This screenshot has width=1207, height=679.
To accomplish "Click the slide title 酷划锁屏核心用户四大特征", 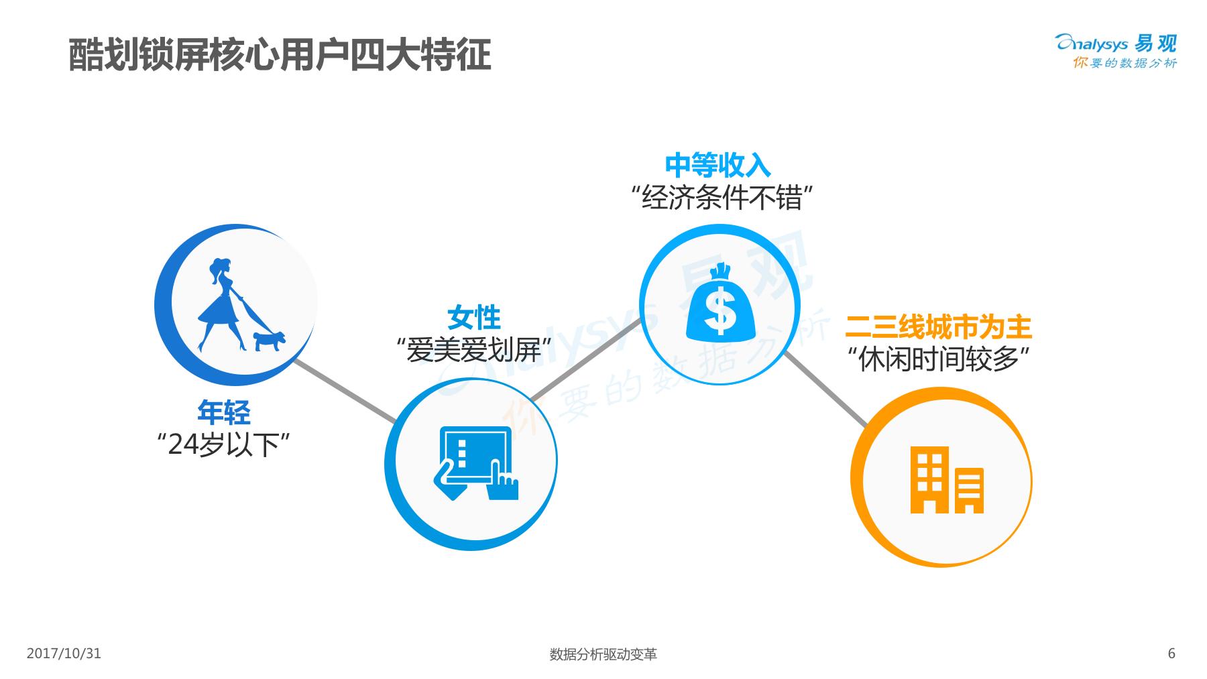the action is pos(280,54).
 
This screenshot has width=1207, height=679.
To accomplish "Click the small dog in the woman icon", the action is pos(268,340).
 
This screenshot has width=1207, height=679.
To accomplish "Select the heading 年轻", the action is pos(223,412).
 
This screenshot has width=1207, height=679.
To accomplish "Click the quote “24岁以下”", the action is pos(223,444).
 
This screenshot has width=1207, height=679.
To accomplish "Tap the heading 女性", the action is pos(474,318).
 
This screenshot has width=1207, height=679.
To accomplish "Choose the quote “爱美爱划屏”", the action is pos(473,350).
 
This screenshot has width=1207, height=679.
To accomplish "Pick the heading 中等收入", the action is pos(717,165).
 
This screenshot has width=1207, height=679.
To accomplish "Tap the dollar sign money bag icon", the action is pos(720,302).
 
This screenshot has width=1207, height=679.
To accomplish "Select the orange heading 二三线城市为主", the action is pos(938,327).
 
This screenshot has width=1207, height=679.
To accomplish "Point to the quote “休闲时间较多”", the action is pos(939,360).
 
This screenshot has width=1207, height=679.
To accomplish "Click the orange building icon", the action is pos(946,479).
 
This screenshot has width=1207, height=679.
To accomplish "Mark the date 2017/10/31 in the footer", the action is pos(64,654).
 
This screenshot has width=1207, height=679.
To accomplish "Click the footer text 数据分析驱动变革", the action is pos(603,654).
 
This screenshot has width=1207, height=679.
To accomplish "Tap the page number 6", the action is pos(1171,654).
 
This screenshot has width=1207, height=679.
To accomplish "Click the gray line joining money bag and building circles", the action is pos(825,388).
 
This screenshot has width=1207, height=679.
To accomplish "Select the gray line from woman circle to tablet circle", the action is pos(345,391).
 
